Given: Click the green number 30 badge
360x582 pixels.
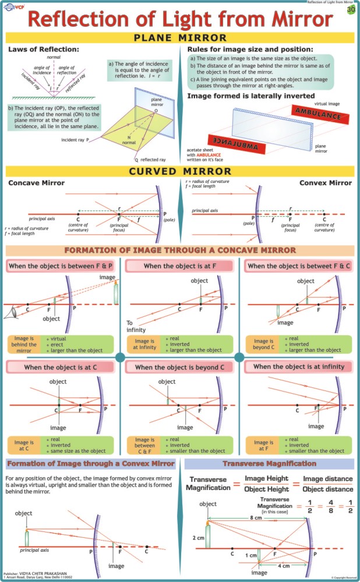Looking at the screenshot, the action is tap(351, 10).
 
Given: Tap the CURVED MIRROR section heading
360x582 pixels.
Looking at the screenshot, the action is tap(179, 171).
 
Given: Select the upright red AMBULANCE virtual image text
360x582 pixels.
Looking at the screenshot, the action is tap(319, 113).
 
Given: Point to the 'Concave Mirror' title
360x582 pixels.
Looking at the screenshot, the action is tap(36, 183).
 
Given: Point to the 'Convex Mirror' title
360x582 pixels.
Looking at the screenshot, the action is tap(326, 183).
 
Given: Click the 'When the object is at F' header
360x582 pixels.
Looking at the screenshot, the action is tap(179, 266).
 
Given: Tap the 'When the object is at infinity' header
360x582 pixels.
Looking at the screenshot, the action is tap(299, 367).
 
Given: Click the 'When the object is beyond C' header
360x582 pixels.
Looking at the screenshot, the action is tap(179, 368).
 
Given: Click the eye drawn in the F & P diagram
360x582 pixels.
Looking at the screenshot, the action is tap(10, 313).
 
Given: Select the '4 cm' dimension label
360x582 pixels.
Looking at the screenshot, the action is tap(284, 565).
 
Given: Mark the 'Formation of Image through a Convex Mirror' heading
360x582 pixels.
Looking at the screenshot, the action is tap(90, 464).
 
